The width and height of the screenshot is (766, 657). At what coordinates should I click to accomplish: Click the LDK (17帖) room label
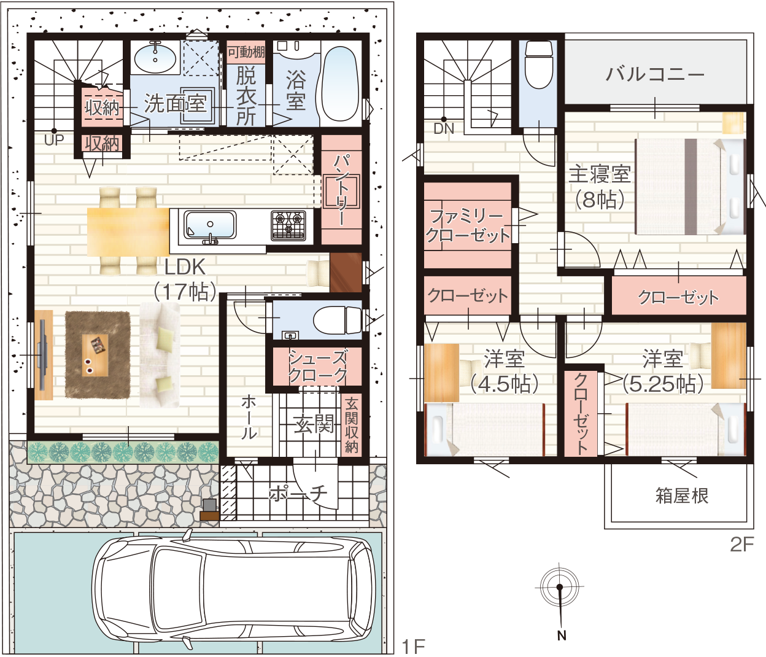[x=185, y=279]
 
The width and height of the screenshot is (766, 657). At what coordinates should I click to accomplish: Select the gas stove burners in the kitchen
[x=288, y=225]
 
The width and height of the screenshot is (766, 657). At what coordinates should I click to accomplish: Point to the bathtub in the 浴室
[x=341, y=85]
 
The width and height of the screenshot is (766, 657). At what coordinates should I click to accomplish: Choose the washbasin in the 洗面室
[x=155, y=58]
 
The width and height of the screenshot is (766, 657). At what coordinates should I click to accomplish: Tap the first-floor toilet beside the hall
[x=337, y=320]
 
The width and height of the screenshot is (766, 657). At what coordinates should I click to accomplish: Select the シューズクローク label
[x=318, y=367]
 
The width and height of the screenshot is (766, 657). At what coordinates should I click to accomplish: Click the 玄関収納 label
[x=351, y=426]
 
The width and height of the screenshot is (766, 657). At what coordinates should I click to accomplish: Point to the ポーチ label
[x=298, y=493]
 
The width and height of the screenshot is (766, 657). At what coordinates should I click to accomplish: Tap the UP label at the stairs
[x=54, y=140]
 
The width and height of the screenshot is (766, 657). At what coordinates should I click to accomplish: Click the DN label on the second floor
[x=444, y=129]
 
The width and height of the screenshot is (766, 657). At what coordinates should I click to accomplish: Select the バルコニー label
[x=655, y=74]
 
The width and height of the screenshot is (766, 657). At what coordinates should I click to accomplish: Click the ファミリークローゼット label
[x=468, y=225]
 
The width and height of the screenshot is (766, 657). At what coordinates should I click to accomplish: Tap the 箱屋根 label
[x=682, y=496]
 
